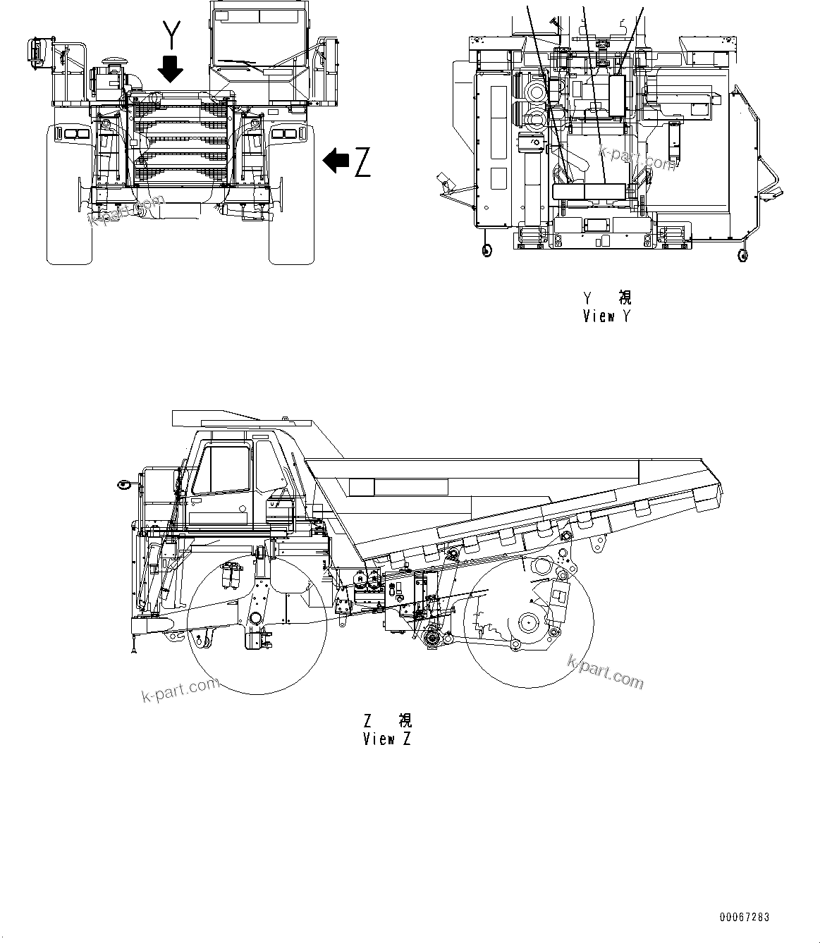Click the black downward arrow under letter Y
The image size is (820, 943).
click(x=171, y=68)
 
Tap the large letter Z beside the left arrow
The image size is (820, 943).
click(x=362, y=162)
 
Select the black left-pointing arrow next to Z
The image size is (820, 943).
click(x=336, y=161)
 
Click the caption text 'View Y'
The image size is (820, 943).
click(x=606, y=316)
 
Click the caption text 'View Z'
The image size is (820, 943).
click(x=386, y=739)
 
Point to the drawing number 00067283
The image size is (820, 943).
click(x=745, y=918)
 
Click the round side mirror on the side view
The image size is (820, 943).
click(x=124, y=484)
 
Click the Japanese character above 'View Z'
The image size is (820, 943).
click(x=405, y=720)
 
